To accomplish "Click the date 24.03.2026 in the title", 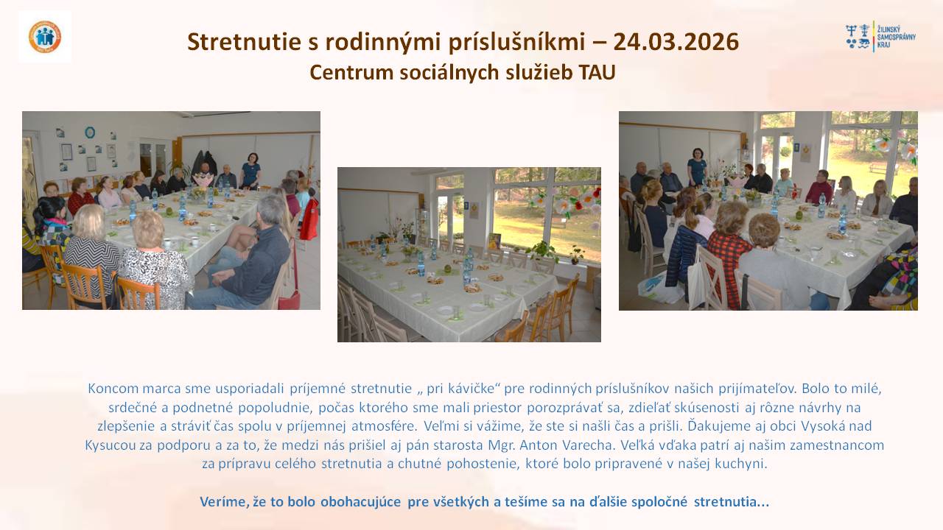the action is point(676,42).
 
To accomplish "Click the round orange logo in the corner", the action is point(45,37).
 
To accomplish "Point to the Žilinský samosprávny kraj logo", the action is point(880,37).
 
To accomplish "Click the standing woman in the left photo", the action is point(250,171).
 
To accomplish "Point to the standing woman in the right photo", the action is point(697,167).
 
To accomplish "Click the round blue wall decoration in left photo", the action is point(90,132).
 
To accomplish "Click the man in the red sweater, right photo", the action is point(818,188).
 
